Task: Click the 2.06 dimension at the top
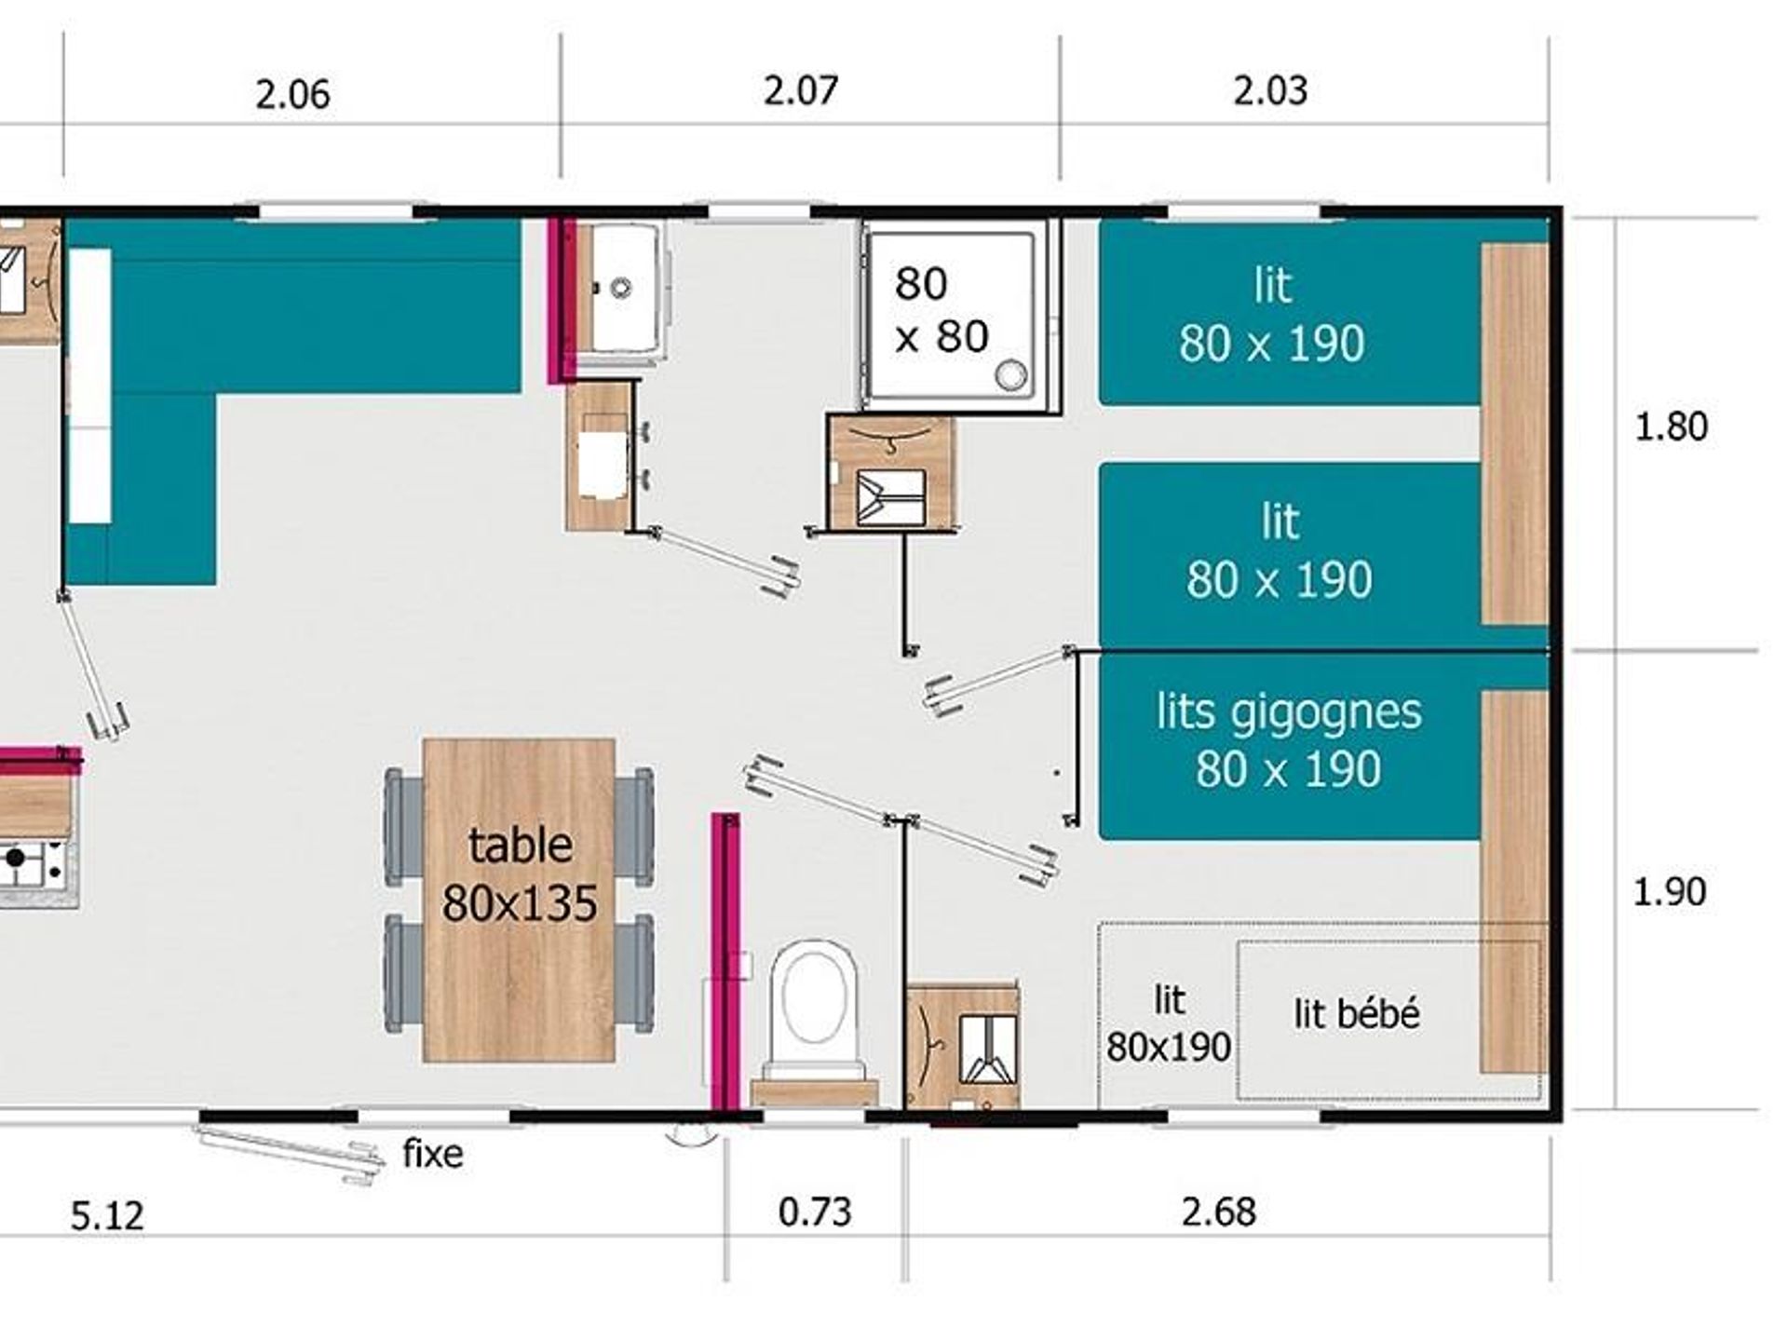[292, 95]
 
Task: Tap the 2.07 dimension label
[801, 90]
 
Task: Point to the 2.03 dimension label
[1270, 90]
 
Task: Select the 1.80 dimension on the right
[1672, 427]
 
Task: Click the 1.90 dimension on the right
[1670, 891]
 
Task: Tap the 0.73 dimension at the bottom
[815, 1212]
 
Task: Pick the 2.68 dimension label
[1219, 1212]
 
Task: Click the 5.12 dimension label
[107, 1216]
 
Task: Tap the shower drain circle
[1010, 375]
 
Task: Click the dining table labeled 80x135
[519, 901]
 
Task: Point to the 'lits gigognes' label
[1289, 712]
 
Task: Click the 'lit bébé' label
[1357, 1013]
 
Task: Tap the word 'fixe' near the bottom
[433, 1154]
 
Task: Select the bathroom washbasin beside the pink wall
[622, 287]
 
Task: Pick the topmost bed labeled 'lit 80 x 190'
[1290, 312]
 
